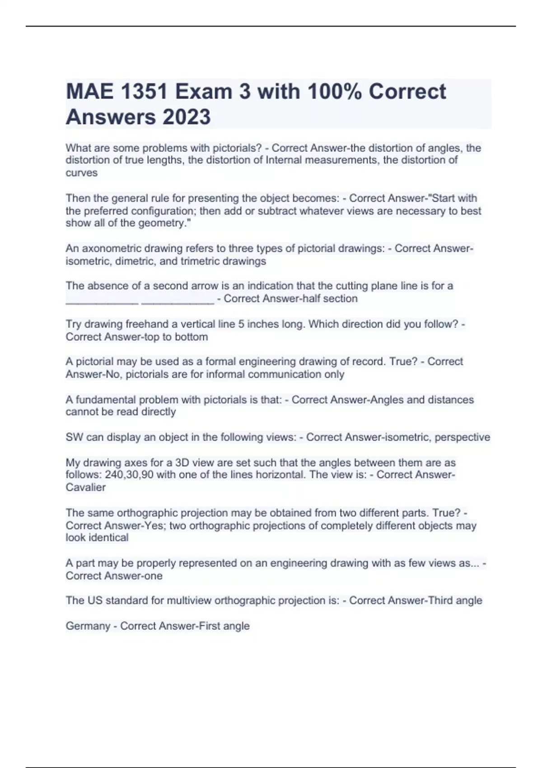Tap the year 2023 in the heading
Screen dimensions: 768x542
(186, 117)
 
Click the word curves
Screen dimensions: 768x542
(81, 173)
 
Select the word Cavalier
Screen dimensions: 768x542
(85, 487)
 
